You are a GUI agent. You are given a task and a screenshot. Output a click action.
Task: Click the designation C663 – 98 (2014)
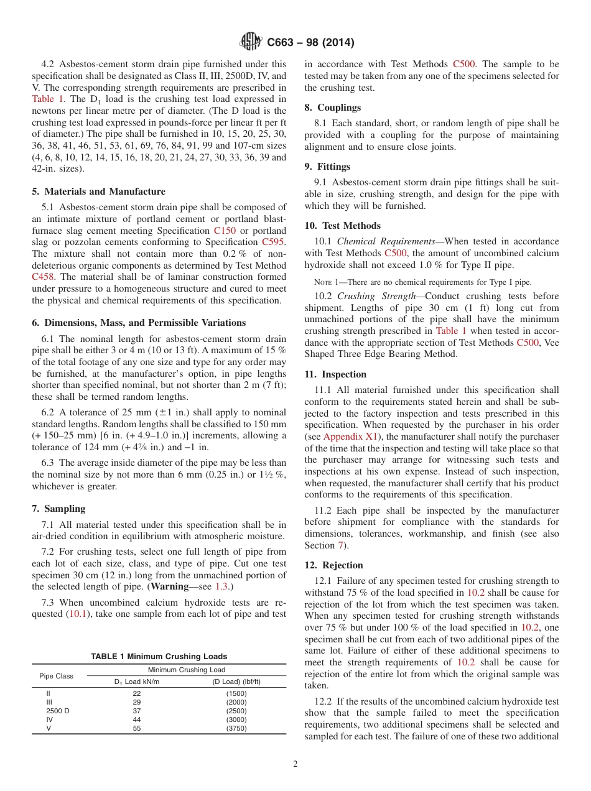point(310,43)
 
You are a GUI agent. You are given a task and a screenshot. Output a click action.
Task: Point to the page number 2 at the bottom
point(295,764)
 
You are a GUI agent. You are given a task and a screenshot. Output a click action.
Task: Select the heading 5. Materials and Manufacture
point(98,192)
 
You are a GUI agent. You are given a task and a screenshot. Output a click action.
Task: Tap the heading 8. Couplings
point(332,108)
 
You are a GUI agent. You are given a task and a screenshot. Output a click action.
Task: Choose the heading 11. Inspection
point(335,374)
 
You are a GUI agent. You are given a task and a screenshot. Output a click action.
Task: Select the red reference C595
point(274,242)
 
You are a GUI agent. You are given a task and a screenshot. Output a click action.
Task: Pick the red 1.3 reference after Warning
point(221,586)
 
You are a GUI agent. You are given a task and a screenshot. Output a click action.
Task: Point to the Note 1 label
point(327,282)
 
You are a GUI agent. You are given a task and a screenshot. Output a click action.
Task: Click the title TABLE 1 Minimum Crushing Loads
point(159,656)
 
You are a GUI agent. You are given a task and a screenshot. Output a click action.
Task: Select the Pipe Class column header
point(56,676)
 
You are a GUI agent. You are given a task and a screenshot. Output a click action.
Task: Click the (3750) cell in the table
point(236,728)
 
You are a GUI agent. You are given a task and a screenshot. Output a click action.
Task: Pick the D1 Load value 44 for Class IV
point(137,719)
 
